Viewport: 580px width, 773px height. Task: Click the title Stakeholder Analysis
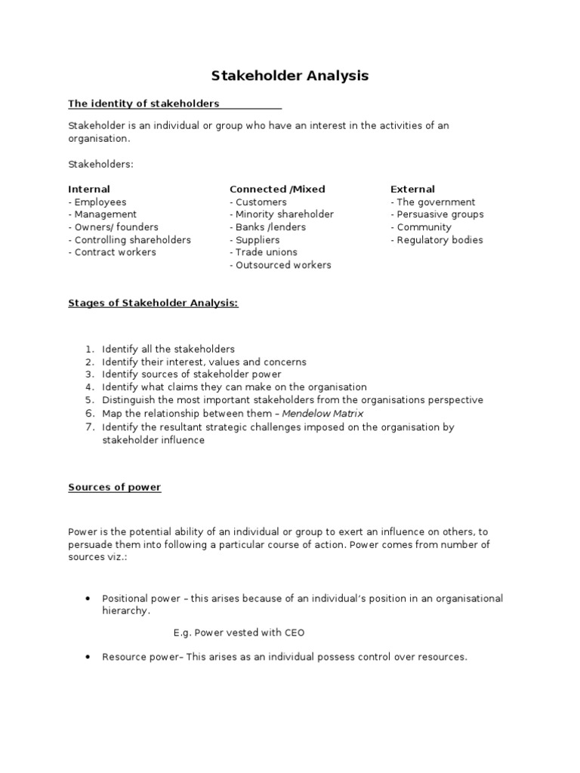tap(289, 75)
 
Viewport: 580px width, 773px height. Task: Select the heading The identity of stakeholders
tap(143, 103)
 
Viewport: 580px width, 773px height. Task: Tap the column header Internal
tap(89, 189)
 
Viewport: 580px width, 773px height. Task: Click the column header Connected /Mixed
tap(277, 189)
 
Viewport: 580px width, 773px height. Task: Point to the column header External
tap(412, 189)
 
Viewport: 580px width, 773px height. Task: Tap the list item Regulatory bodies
tap(437, 240)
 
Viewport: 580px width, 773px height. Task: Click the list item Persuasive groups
tap(437, 214)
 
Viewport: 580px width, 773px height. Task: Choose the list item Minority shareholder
tap(282, 214)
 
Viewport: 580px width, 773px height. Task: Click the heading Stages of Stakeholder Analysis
tap(153, 303)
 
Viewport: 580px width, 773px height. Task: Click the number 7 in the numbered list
tap(88, 427)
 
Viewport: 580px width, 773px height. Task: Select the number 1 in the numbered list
tap(88, 350)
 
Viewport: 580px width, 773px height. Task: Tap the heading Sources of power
tap(115, 488)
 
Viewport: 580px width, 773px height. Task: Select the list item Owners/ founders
tap(113, 227)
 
